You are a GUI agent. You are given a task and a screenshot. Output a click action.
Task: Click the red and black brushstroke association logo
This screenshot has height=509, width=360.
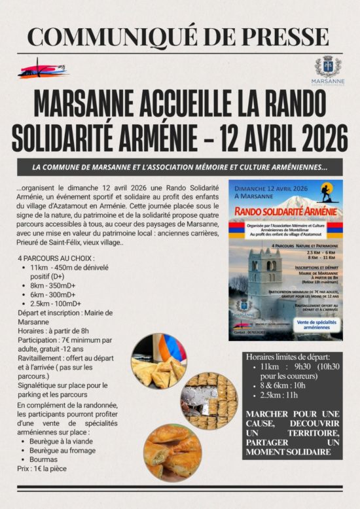coord(43,69)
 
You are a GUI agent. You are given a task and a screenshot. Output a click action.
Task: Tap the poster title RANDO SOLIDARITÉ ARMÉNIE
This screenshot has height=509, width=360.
coord(285,212)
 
